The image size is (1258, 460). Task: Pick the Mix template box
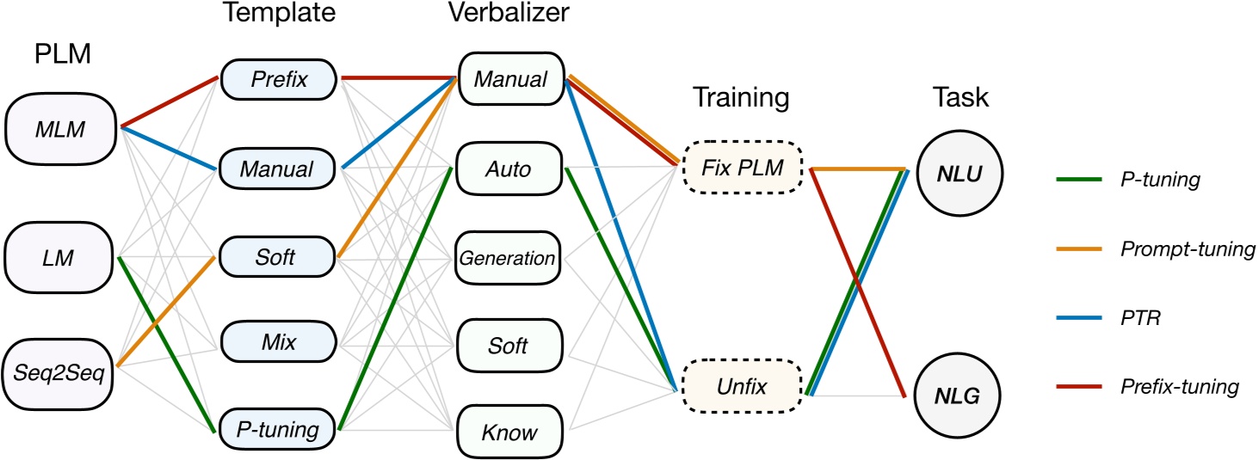[x=277, y=342]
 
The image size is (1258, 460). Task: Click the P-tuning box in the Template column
[x=277, y=427]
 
